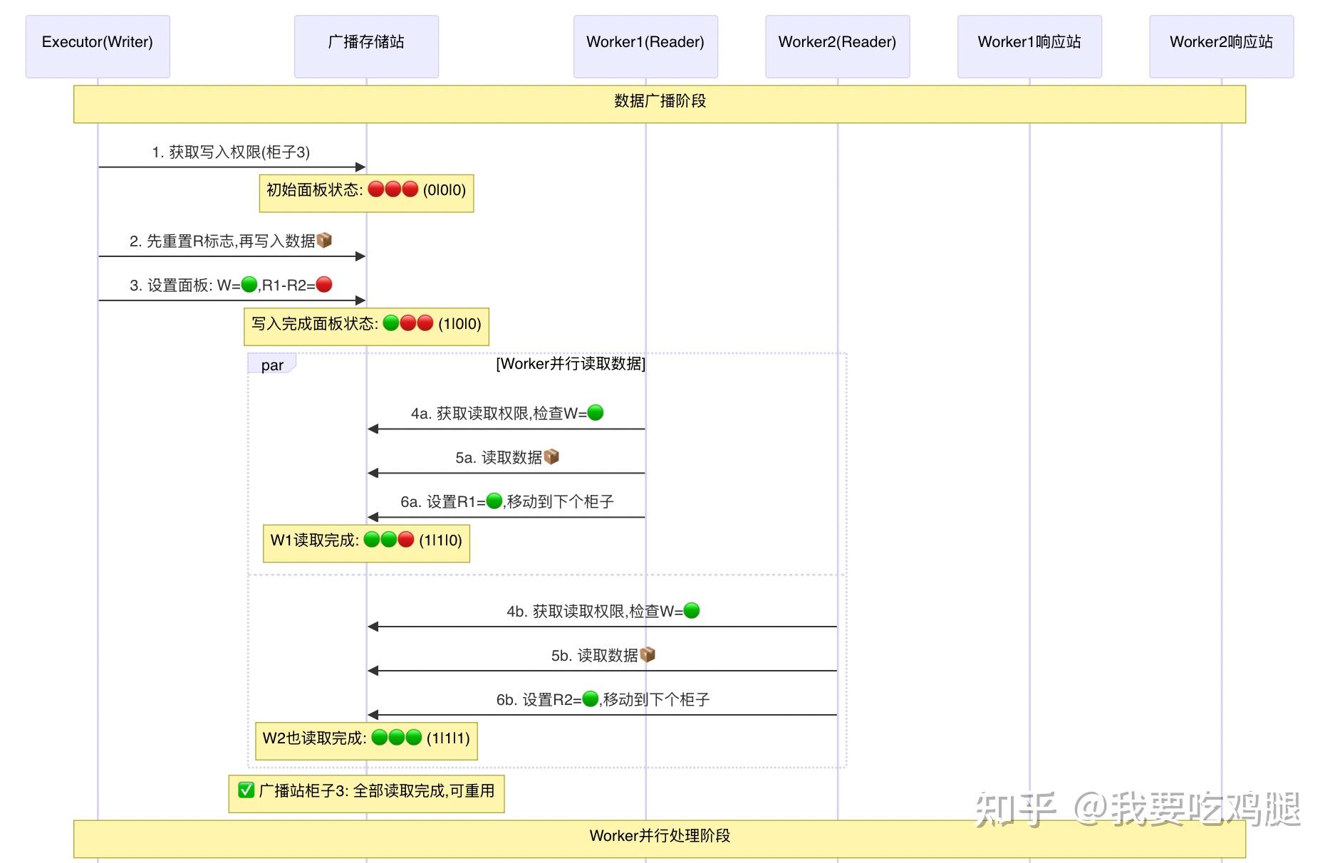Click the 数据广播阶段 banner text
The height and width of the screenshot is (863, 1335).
[x=660, y=101]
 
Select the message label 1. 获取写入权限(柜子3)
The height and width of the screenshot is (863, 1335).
[x=231, y=152]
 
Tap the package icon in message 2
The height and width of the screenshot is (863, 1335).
[x=324, y=241]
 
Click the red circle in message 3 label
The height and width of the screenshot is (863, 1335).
[x=324, y=285]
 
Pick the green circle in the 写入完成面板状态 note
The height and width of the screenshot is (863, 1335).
[x=391, y=323]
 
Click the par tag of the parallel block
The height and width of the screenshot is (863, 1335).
[x=272, y=365]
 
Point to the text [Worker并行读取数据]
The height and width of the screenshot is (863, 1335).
[x=571, y=364]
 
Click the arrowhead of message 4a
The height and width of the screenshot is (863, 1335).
[x=373, y=429]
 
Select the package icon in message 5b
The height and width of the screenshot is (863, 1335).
[x=648, y=654]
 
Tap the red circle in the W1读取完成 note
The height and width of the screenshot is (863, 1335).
[x=406, y=540]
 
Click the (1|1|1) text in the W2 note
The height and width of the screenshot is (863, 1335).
[x=448, y=738]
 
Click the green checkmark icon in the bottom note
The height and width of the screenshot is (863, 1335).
[x=246, y=790]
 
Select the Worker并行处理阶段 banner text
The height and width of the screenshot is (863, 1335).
[x=660, y=836]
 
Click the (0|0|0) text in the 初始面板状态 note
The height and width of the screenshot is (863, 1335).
[x=445, y=190]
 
